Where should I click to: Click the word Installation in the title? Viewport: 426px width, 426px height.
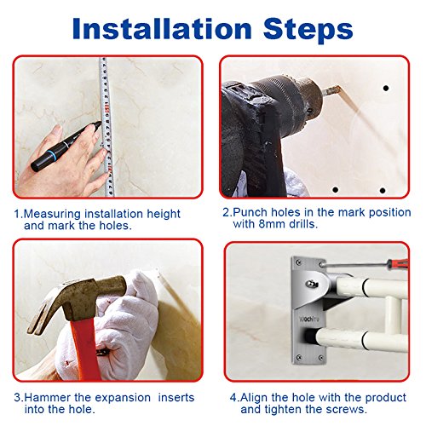(x=162, y=28)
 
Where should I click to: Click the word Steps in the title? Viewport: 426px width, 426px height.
(x=308, y=31)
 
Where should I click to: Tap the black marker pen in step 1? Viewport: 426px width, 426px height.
(x=66, y=147)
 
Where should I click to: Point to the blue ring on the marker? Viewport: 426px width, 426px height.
(x=53, y=155)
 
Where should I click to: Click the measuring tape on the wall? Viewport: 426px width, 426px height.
(x=106, y=127)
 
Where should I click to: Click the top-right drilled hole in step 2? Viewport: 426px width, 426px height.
(x=386, y=89)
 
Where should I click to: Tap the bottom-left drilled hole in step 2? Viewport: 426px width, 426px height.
(x=336, y=189)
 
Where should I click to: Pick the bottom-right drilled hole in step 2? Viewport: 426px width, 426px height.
(x=383, y=190)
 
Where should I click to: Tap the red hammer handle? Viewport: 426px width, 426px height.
(x=85, y=349)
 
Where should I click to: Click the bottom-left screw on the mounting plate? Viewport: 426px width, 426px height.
(x=298, y=357)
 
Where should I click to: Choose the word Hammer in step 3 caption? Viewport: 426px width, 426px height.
(x=47, y=398)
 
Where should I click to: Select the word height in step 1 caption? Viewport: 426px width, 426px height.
(x=164, y=215)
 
